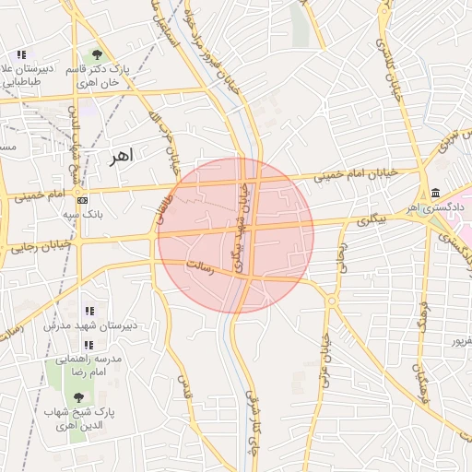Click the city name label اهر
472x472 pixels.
click(x=120, y=156)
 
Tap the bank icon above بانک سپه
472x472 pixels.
click(x=83, y=200)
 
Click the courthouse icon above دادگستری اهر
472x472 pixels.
click(x=434, y=193)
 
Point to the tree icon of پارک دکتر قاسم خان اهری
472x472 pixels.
click(x=98, y=55)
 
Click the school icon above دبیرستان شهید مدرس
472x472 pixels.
click(x=89, y=311)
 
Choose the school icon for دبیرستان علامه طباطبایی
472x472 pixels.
click(x=21, y=55)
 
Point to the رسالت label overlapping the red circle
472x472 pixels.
click(x=199, y=268)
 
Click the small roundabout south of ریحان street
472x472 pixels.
click(x=331, y=301)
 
